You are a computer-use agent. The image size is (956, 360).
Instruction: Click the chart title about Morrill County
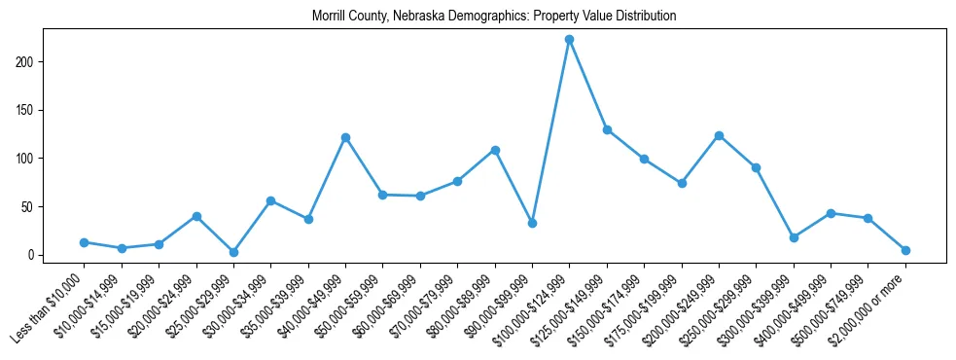click(494, 17)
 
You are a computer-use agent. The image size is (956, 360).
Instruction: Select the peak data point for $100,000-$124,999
click(569, 40)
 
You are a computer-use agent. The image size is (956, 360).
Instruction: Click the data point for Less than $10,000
click(85, 242)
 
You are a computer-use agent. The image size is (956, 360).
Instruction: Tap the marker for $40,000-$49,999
click(345, 138)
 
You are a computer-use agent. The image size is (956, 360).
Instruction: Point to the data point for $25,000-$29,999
click(233, 252)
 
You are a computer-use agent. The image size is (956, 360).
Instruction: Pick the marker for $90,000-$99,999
click(532, 223)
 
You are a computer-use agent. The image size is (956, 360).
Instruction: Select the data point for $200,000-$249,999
click(719, 136)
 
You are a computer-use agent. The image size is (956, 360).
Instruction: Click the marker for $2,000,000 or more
click(905, 250)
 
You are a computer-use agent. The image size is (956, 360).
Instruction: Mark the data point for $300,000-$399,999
click(794, 237)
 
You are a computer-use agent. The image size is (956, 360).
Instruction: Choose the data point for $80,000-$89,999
click(495, 150)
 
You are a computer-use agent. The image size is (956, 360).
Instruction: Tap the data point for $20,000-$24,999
click(196, 216)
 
